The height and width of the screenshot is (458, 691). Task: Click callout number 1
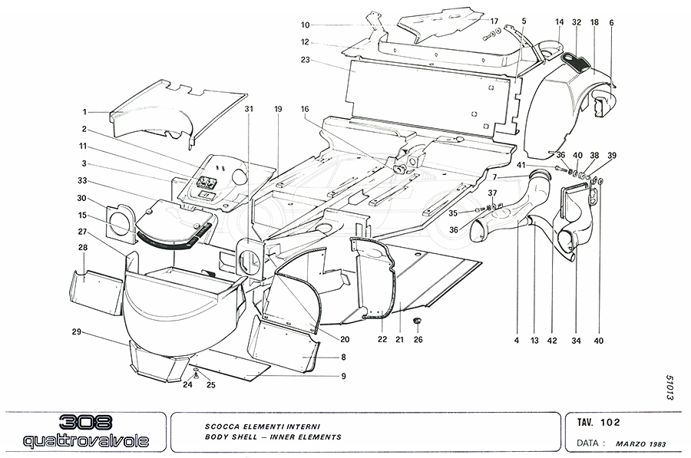click(86, 112)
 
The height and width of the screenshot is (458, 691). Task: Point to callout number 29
click(77, 332)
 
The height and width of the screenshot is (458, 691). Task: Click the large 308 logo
click(85, 423)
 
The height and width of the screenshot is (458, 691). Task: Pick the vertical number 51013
click(670, 390)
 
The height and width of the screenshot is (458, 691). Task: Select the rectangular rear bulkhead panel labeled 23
click(430, 96)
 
